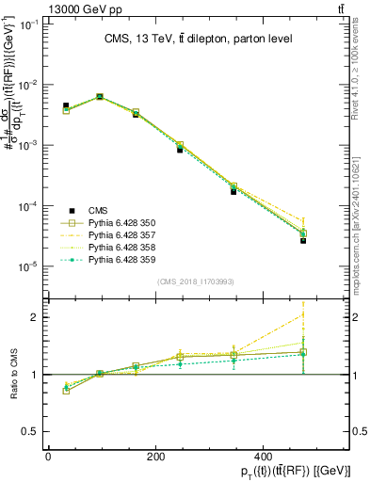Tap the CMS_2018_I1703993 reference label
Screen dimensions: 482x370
(195, 281)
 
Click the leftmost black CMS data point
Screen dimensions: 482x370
(66, 105)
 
